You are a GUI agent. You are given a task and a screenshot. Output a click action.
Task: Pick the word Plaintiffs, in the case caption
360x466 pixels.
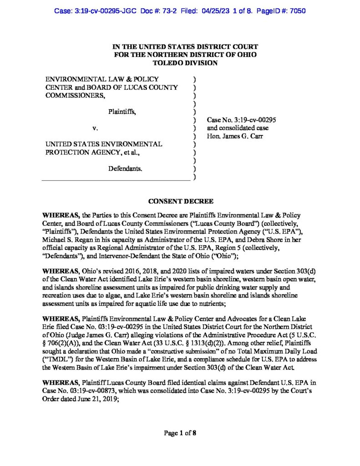(x=122, y=111)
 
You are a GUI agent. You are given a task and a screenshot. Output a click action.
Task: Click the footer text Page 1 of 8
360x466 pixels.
(x=180, y=433)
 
